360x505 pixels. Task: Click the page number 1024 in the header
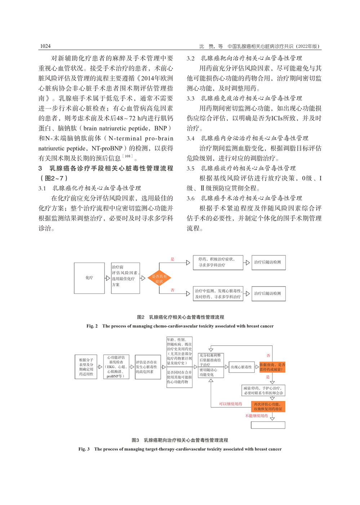point(45,46)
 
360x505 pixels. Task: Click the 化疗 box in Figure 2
point(89,278)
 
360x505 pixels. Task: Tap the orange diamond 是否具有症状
point(159,278)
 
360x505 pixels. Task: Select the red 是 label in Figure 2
point(173,259)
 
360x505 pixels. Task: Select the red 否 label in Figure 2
point(173,290)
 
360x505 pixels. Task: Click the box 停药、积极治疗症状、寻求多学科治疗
point(218,262)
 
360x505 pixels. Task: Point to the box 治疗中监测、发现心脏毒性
point(218,293)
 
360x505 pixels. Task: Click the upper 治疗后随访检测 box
point(268,262)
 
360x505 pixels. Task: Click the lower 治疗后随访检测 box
point(268,293)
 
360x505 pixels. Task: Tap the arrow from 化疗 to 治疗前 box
point(107,278)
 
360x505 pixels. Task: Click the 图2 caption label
point(141,317)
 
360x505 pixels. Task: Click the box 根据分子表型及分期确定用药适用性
point(86,367)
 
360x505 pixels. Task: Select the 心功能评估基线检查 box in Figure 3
point(116,367)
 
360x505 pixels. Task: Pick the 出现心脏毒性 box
point(241,367)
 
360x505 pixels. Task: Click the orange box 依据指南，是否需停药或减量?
point(272,367)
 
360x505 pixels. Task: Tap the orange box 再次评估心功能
point(268,407)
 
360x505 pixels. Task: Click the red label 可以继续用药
point(231,404)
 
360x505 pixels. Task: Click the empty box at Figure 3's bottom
point(268,425)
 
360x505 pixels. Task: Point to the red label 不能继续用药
point(257,416)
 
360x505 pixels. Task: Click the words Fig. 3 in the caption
point(84,449)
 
